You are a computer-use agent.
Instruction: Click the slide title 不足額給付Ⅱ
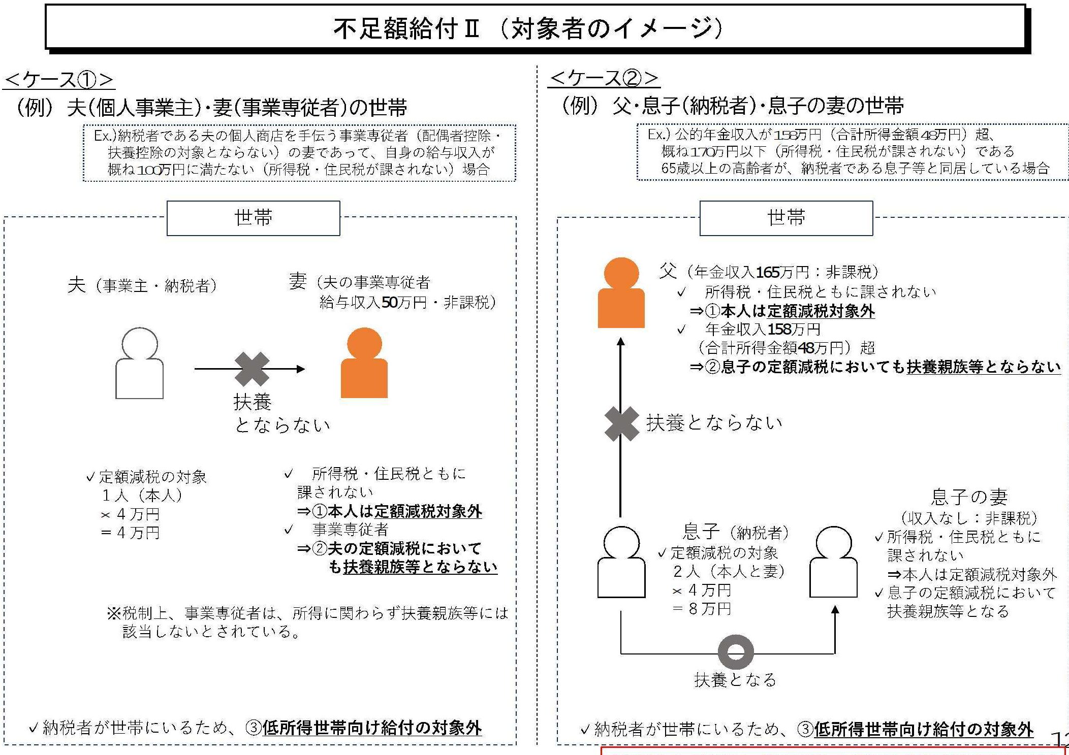tap(406, 28)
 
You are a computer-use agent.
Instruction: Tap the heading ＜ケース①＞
tap(59, 80)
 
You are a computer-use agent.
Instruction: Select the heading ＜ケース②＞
tap(605, 78)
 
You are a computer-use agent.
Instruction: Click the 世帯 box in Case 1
tap(253, 218)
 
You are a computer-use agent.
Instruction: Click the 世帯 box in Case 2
tap(786, 218)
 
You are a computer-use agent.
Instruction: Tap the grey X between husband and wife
tap(252, 369)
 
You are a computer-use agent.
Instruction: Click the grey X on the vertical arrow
tap(622, 423)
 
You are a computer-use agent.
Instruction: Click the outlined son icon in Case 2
tap(621, 562)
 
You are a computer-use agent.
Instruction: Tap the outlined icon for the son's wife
tap(833, 562)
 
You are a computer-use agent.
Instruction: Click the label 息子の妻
tap(969, 497)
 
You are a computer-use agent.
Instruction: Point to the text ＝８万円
tap(702, 608)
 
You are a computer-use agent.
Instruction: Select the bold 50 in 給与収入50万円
tap(390, 303)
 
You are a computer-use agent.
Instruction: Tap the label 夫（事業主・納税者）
tap(143, 285)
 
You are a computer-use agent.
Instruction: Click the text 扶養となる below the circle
tap(736, 679)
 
